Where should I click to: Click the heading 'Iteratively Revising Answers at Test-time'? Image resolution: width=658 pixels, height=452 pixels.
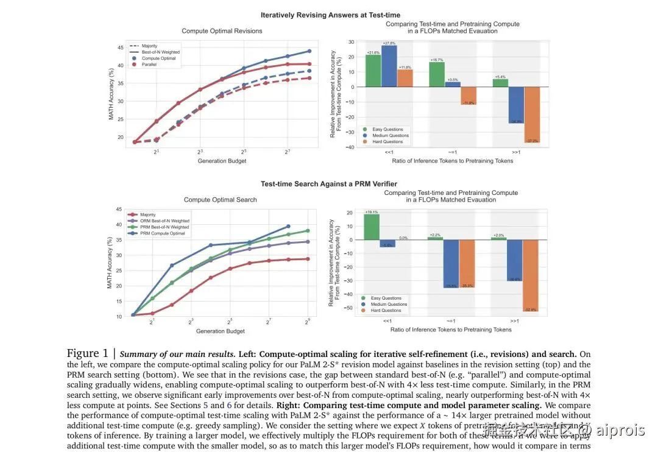point(330,15)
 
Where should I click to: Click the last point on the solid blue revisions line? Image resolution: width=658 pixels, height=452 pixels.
point(310,51)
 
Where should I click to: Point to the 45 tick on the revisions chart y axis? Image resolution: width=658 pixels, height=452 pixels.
point(119,47)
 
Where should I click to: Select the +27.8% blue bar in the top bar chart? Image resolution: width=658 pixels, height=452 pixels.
point(389,66)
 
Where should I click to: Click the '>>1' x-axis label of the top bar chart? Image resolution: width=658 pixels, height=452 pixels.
point(515,154)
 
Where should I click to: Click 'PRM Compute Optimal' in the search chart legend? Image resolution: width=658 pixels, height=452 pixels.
point(163,233)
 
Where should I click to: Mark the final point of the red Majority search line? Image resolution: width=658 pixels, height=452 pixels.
point(308,259)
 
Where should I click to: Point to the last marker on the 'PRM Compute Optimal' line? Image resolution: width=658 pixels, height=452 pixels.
point(288,226)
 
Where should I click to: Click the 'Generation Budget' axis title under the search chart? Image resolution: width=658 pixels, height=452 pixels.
point(220,331)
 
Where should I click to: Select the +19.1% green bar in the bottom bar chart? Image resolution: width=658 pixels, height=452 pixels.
point(372,227)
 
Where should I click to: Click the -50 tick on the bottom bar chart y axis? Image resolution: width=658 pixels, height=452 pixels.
point(349,308)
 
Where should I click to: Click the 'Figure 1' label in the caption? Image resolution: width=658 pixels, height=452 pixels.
point(91,354)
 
